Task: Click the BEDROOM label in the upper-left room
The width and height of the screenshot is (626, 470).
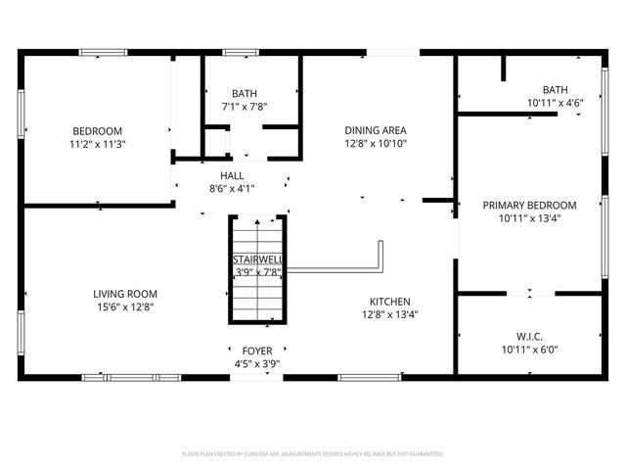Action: [97, 131]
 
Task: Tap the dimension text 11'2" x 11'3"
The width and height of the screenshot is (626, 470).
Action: [97, 144]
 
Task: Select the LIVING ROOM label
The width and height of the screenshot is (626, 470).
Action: [125, 294]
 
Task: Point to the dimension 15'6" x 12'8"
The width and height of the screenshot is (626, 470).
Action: [125, 306]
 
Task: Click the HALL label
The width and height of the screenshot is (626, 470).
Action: [232, 176]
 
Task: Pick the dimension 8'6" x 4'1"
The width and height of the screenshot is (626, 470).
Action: [232, 189]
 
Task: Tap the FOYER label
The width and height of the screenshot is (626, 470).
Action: [257, 351]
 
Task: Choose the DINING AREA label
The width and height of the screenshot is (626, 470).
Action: [376, 130]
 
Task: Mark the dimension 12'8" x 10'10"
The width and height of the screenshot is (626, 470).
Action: [376, 143]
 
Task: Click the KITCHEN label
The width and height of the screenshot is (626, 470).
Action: [389, 302]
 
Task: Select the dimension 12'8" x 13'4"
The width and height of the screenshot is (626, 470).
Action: [389, 314]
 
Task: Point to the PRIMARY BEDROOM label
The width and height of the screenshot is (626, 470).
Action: [529, 206]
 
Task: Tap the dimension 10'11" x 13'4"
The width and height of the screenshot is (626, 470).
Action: [529, 218]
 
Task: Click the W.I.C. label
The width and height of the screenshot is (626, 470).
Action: [529, 336]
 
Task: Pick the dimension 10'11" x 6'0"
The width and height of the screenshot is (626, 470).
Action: [529, 349]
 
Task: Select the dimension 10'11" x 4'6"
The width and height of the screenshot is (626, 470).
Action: [555, 102]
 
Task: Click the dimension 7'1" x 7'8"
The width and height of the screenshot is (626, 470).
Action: [245, 107]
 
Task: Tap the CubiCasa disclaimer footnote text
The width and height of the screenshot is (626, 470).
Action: [313, 454]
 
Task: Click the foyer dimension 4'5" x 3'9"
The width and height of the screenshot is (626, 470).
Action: [257, 363]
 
